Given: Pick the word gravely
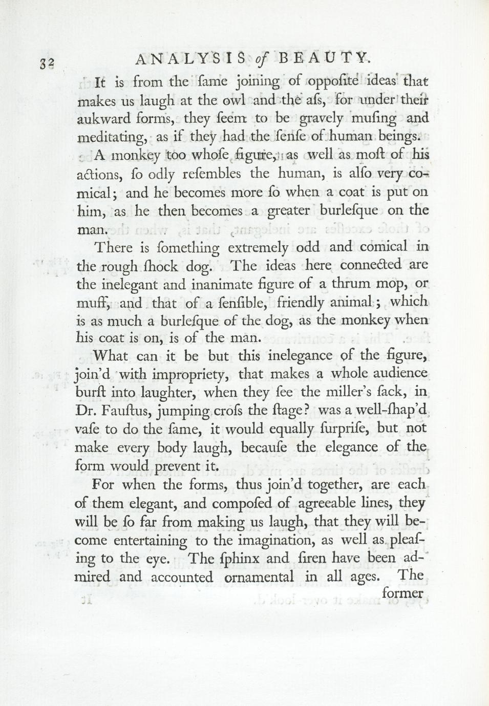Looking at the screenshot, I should point(321,119).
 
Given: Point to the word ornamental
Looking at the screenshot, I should point(259,577).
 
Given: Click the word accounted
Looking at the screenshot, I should point(181,577).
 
